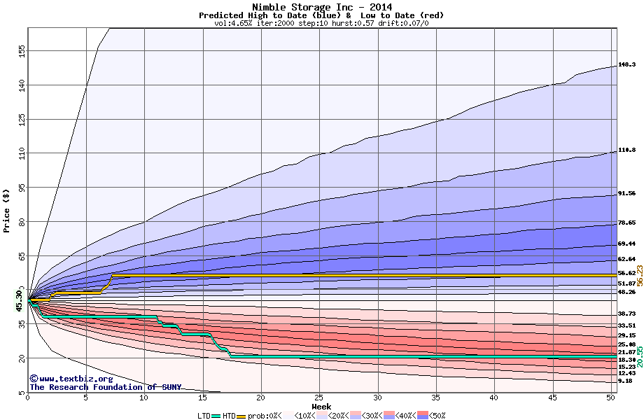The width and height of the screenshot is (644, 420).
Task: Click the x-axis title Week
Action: [x=321, y=406]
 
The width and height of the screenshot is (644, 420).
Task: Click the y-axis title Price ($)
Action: [x=7, y=210]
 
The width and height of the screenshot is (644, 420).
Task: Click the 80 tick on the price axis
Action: [x=22, y=221]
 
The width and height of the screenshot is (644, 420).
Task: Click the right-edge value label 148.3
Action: [x=626, y=64]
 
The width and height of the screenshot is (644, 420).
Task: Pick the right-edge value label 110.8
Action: [x=626, y=150]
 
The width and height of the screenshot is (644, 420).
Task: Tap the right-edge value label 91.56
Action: [x=626, y=193]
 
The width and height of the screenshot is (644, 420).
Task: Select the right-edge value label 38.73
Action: [x=626, y=314]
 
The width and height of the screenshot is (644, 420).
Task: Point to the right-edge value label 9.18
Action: [x=625, y=381]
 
